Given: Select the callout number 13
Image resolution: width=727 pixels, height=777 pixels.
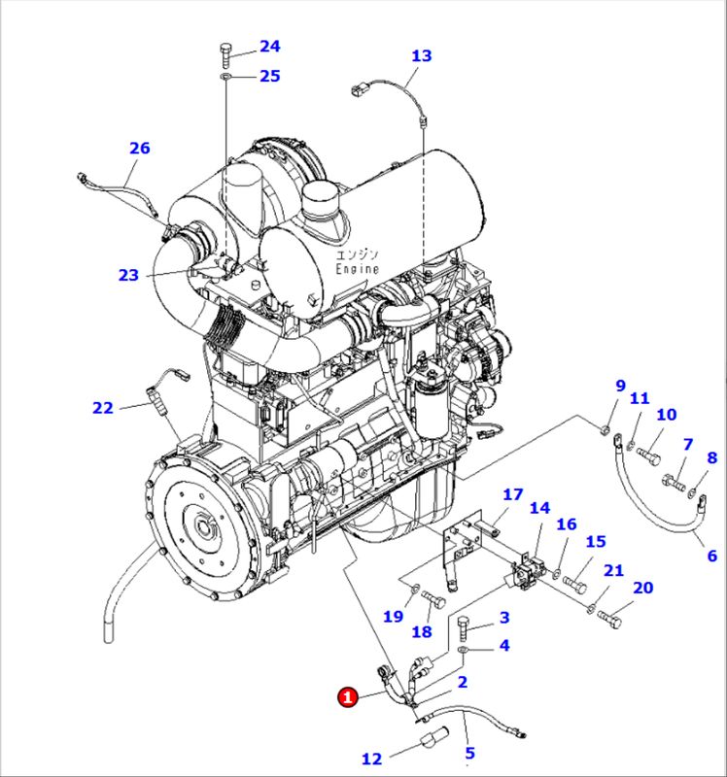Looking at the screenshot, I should click(420, 55).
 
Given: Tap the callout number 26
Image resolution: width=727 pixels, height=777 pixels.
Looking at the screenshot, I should click(140, 148).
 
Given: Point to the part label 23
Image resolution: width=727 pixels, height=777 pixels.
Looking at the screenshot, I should click(129, 275).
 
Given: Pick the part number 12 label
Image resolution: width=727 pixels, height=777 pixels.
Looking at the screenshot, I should click(371, 759).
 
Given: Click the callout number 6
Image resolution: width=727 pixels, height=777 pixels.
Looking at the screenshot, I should click(711, 556).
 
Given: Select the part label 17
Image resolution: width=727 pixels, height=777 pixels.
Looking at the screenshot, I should click(512, 494).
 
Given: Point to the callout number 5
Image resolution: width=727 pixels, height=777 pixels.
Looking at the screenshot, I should click(469, 752).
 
